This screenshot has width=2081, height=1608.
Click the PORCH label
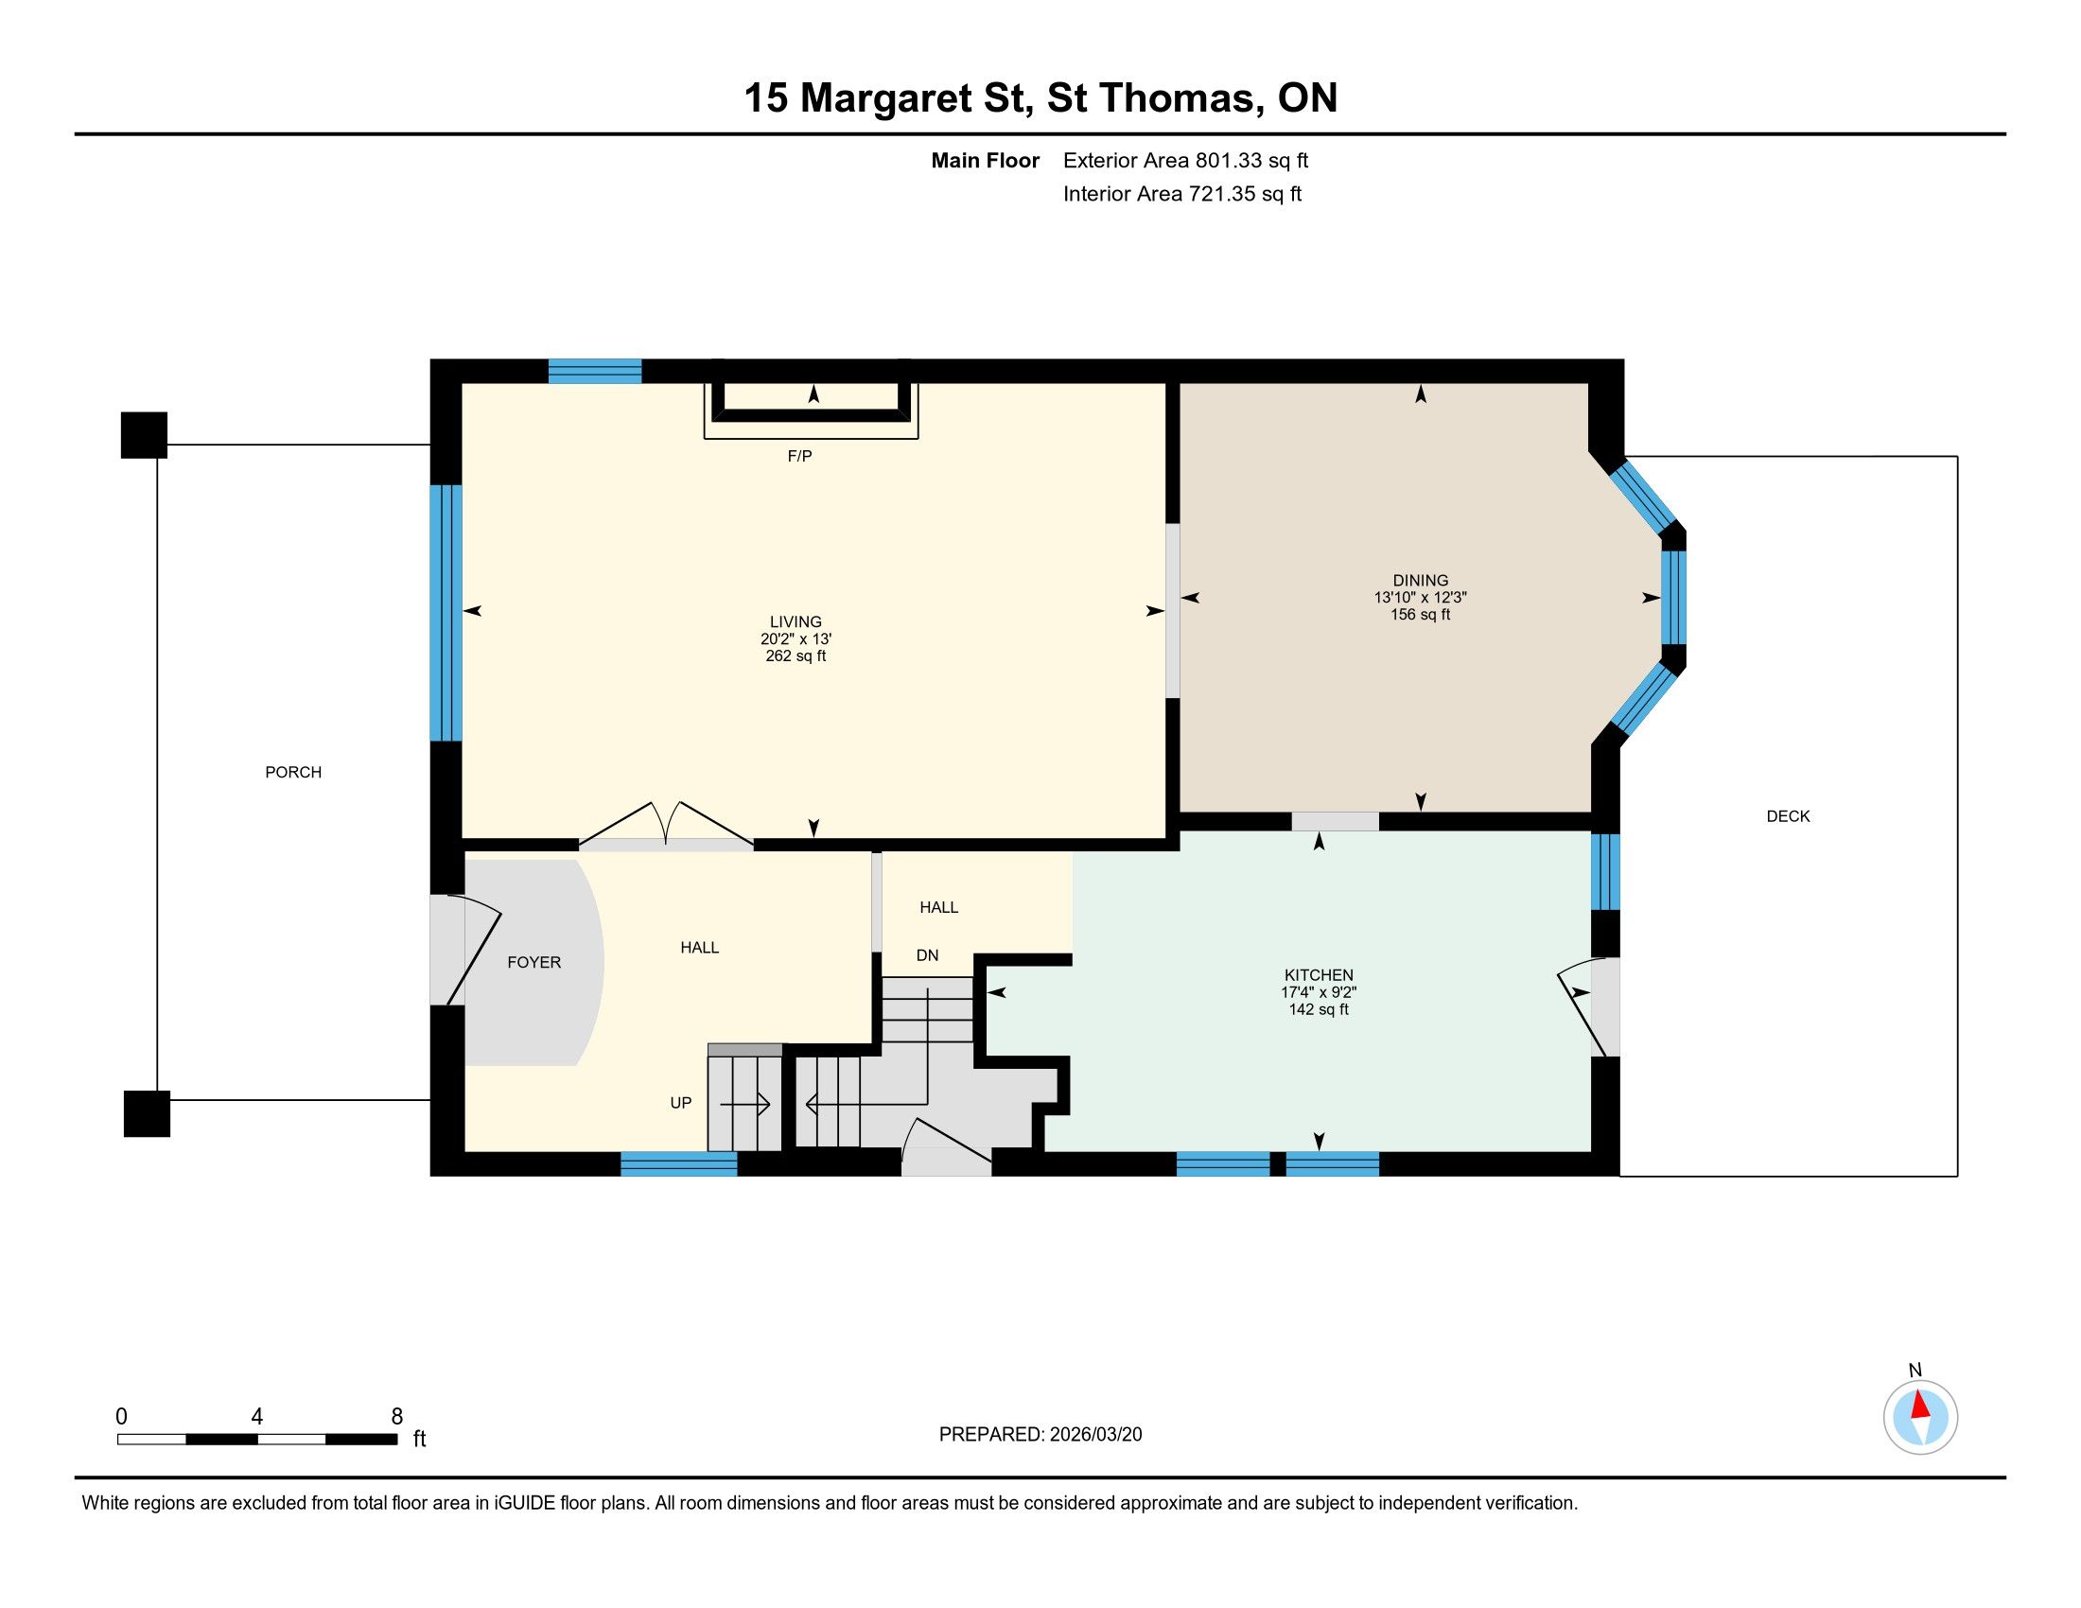[x=293, y=773]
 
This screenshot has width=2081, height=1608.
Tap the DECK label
[x=1788, y=816]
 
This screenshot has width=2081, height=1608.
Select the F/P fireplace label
[x=799, y=456]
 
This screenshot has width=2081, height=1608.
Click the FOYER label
[x=533, y=962]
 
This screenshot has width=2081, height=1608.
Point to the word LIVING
[x=796, y=622]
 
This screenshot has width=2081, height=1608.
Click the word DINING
[x=1420, y=580]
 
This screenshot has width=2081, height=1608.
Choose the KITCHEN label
[x=1319, y=974]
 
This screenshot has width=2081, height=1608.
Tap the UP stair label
[x=680, y=1103]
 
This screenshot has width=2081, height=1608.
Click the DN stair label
[x=927, y=955]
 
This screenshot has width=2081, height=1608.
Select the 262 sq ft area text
[x=796, y=656]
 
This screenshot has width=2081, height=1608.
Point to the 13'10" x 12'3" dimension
[x=1420, y=597]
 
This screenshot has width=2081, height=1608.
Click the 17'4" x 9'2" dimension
[x=1319, y=991]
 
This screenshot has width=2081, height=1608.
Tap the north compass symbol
[x=1920, y=1418]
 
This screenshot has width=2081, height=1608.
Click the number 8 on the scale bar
[x=397, y=1417]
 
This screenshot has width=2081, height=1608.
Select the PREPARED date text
[x=1040, y=1435]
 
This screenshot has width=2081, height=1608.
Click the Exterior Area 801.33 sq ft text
[x=1185, y=161]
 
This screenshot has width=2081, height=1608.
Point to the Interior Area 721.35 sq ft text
[x=1182, y=194]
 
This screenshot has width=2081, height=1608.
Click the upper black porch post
[x=144, y=435]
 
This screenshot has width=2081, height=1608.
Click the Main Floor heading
[x=986, y=161]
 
